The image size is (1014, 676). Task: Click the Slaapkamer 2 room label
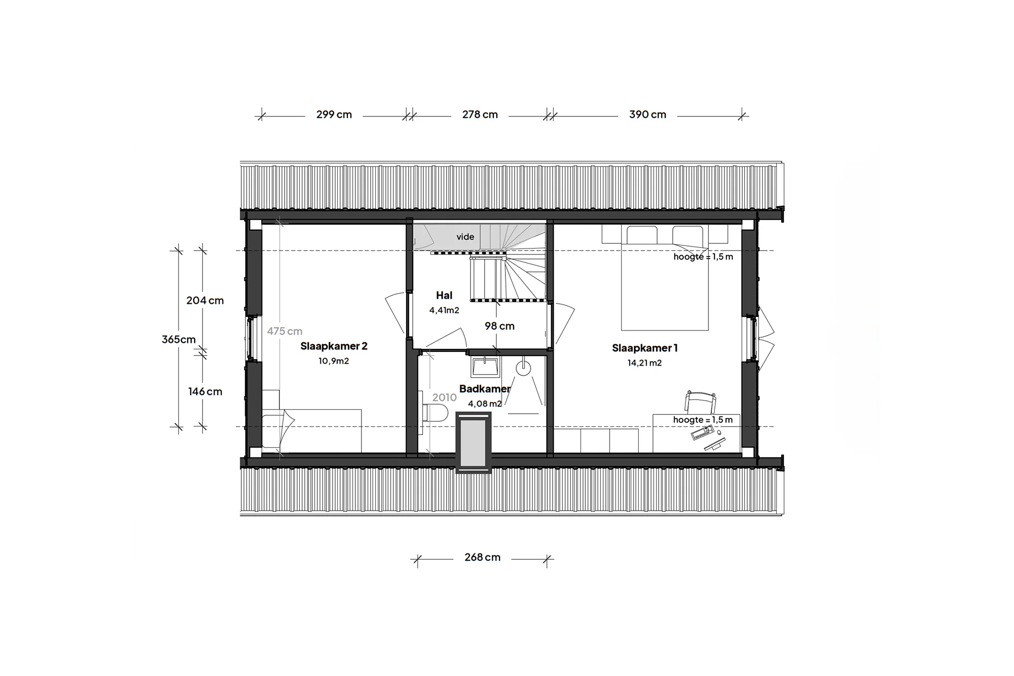[x=334, y=346]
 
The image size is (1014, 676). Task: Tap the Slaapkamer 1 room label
[x=644, y=348]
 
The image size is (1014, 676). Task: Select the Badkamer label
[x=485, y=389]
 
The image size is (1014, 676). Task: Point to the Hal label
[x=444, y=295]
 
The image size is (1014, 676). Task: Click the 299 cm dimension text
[x=334, y=115]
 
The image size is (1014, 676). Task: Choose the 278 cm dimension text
[x=480, y=115]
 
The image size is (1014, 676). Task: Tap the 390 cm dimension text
[x=647, y=115]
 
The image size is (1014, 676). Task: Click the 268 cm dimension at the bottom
[x=482, y=557]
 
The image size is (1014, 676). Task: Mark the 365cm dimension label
[x=178, y=340]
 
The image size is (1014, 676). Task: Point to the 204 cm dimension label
[x=205, y=300]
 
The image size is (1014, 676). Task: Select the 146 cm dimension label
[x=205, y=392]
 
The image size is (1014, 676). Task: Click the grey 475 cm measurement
[x=284, y=331]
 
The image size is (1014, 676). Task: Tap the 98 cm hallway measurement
[x=499, y=326]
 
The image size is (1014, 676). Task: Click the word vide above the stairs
[x=465, y=237]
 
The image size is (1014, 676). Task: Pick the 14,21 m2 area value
[x=644, y=363]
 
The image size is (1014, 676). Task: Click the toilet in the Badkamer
[x=434, y=410]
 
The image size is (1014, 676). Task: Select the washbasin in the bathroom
[x=485, y=367]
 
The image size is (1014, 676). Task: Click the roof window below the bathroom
[x=474, y=442]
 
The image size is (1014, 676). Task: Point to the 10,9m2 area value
[x=334, y=361]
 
